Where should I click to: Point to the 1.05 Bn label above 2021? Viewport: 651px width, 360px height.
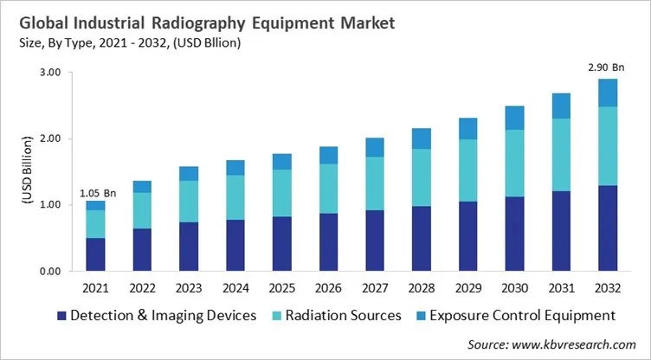click(96, 194)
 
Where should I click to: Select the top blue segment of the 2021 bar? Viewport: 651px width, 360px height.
click(96, 205)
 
